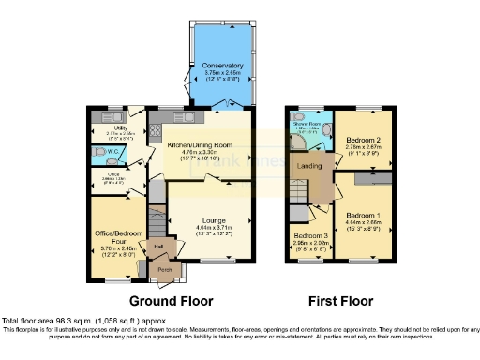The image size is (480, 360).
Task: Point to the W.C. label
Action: click(112, 150)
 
